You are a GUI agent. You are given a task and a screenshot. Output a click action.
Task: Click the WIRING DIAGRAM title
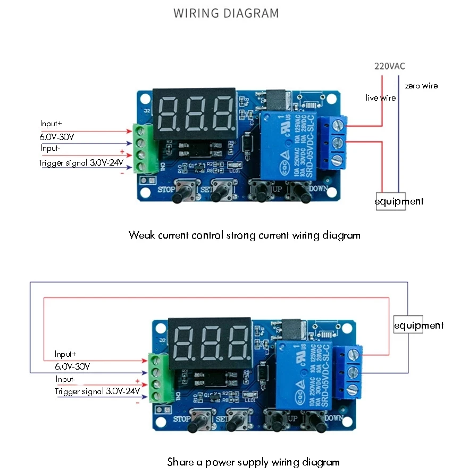226,13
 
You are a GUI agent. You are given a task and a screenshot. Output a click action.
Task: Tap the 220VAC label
390,67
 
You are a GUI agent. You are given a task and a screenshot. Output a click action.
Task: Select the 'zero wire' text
421,86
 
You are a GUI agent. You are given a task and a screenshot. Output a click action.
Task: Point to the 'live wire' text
380,98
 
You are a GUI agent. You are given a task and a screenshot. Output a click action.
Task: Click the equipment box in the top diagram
399,201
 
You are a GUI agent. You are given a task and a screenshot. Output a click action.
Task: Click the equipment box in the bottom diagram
418,325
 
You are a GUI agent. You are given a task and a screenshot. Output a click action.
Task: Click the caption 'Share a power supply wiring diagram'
253,462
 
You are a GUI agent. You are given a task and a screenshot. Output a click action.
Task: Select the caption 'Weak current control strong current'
244,235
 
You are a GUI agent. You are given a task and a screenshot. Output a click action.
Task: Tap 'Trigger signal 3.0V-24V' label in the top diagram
81,163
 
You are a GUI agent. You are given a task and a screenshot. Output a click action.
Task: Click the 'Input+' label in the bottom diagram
66,354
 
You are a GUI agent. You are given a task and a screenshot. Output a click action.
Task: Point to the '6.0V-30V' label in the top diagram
57,137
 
